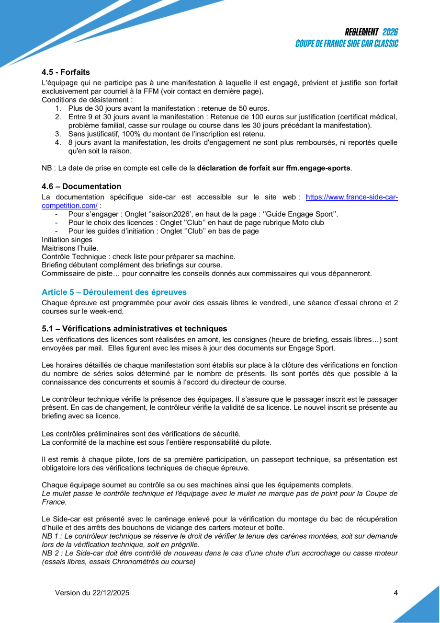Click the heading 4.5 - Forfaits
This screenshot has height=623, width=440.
coord(66,72)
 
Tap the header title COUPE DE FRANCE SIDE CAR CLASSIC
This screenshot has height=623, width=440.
coord(347,44)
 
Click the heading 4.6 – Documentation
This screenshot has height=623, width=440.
coord(81,186)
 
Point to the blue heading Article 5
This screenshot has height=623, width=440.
coord(114,292)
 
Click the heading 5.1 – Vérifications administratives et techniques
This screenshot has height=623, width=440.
coord(134,329)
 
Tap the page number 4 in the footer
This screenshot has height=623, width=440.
coord(395,593)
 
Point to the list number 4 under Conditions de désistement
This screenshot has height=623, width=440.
coord(57,142)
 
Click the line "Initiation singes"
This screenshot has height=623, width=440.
coord(67,240)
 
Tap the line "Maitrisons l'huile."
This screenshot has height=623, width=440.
coord(70,248)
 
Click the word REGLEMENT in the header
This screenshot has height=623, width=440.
coord(361,32)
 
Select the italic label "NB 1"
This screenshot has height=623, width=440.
coord(50,536)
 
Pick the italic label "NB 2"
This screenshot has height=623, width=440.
coord(50,554)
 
